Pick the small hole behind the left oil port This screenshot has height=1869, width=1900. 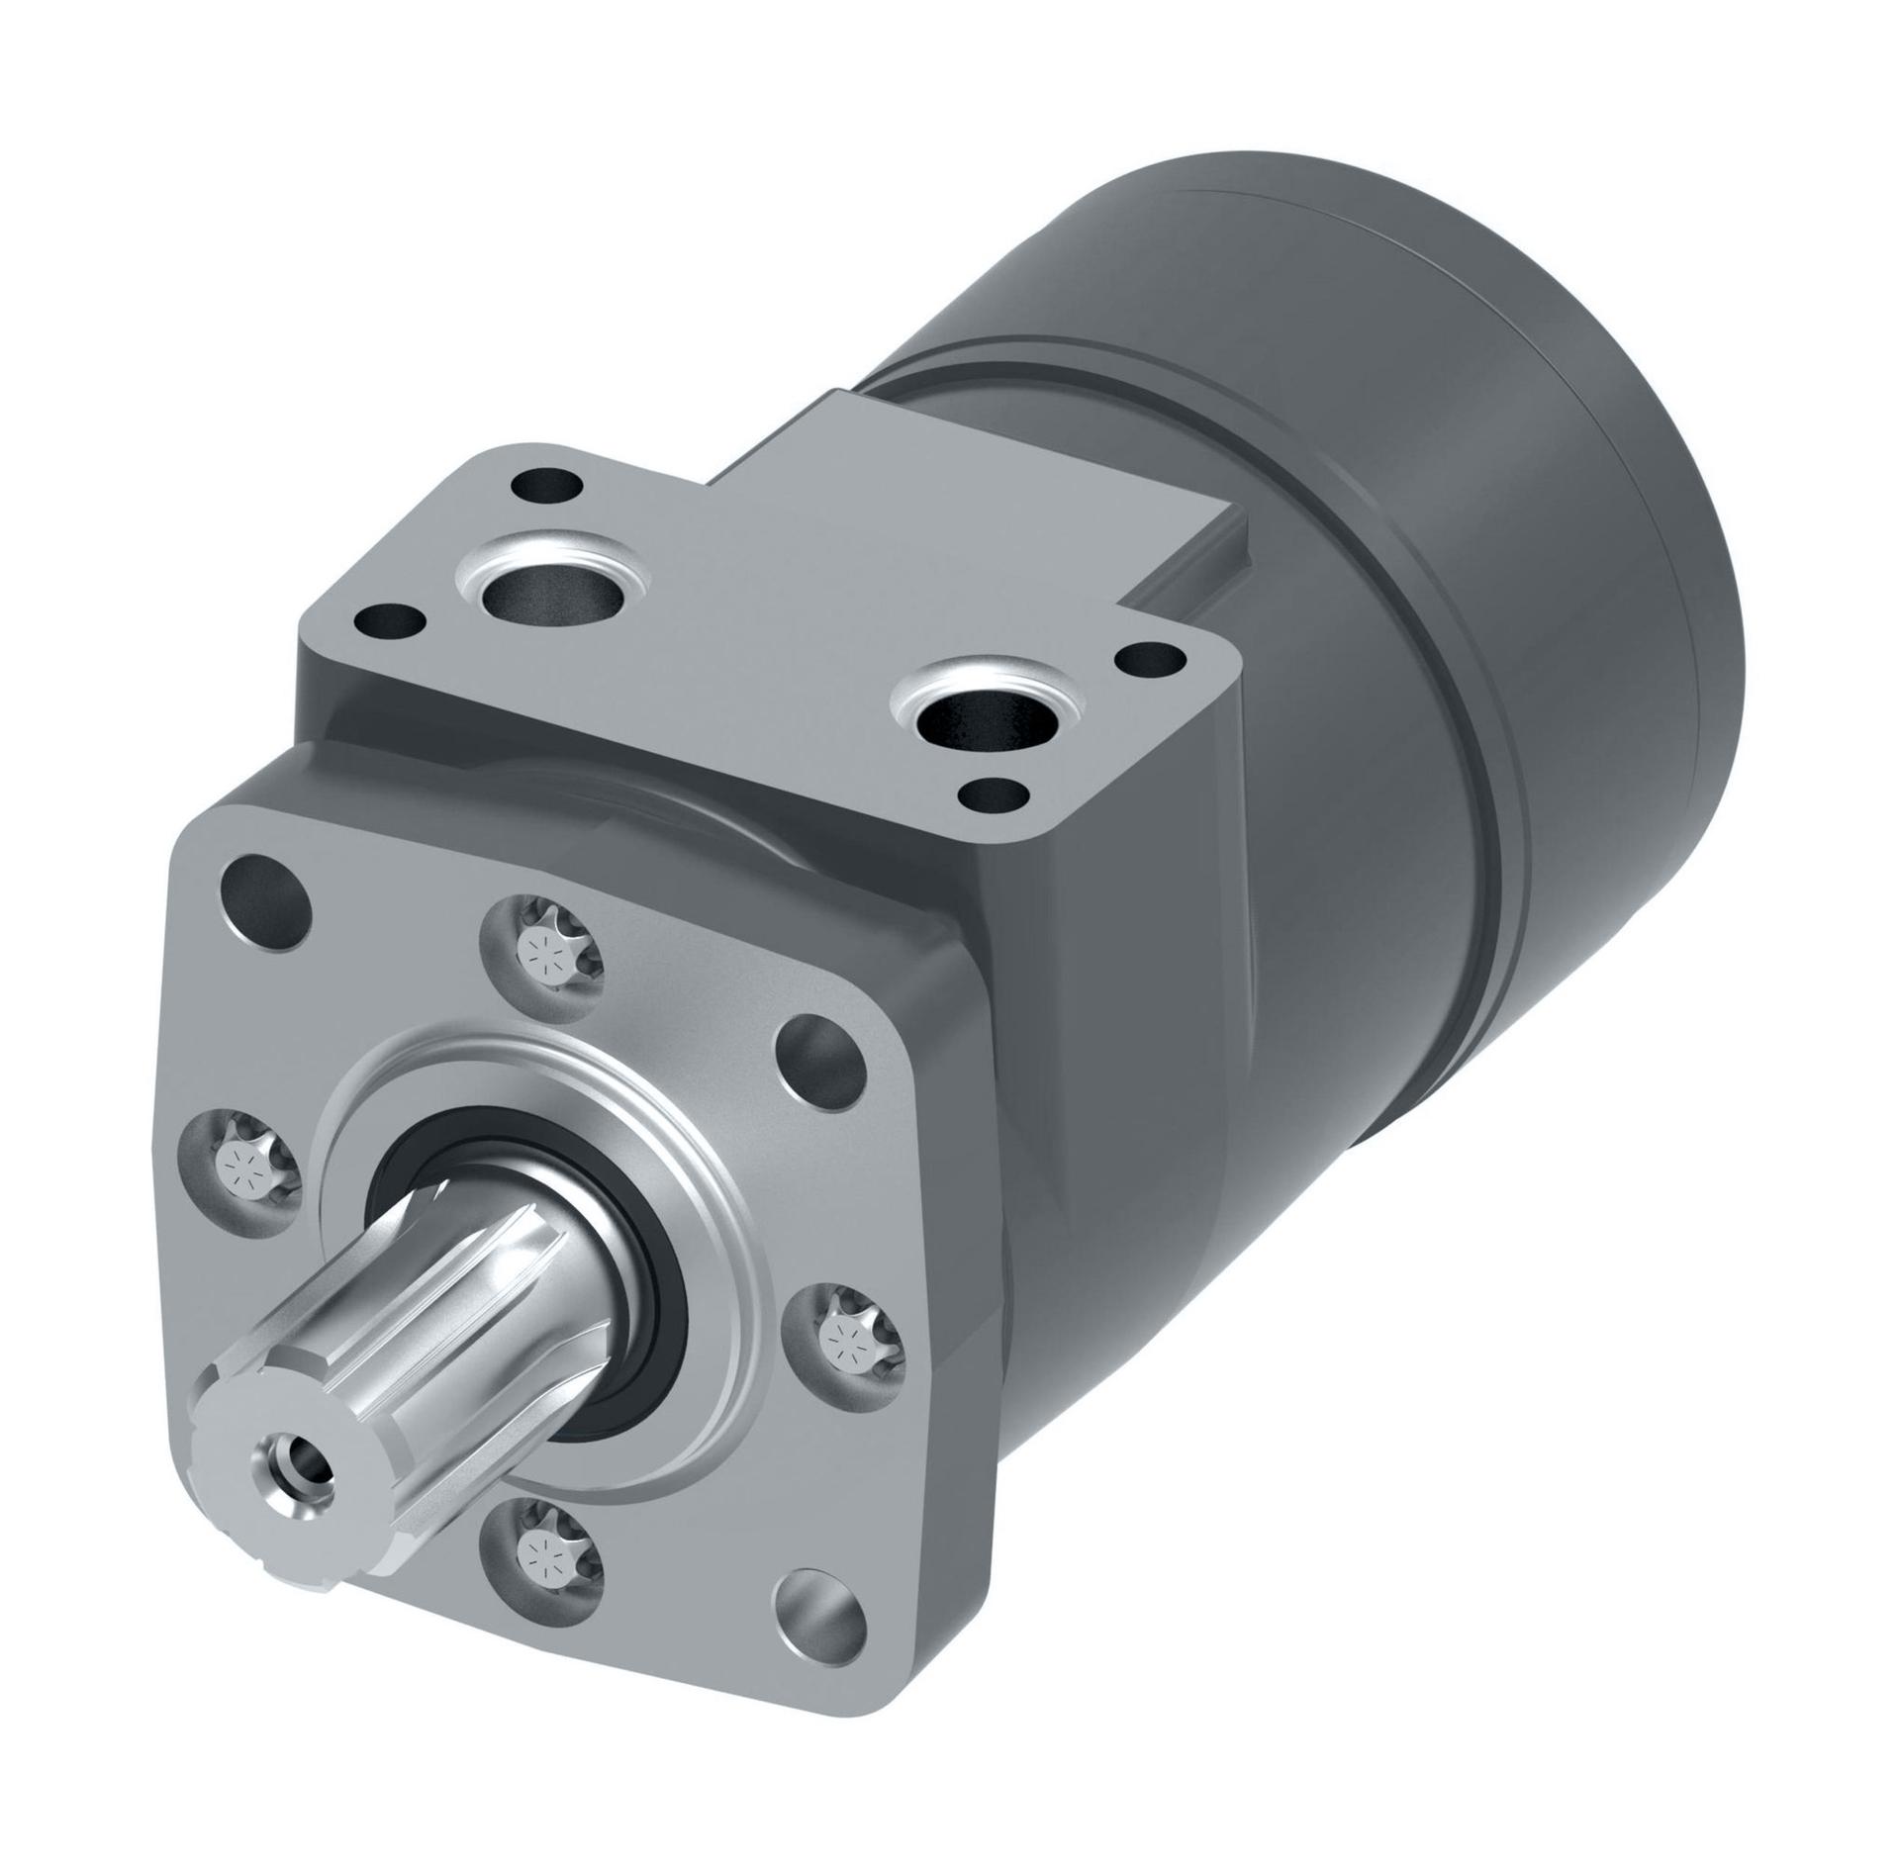(546, 487)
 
